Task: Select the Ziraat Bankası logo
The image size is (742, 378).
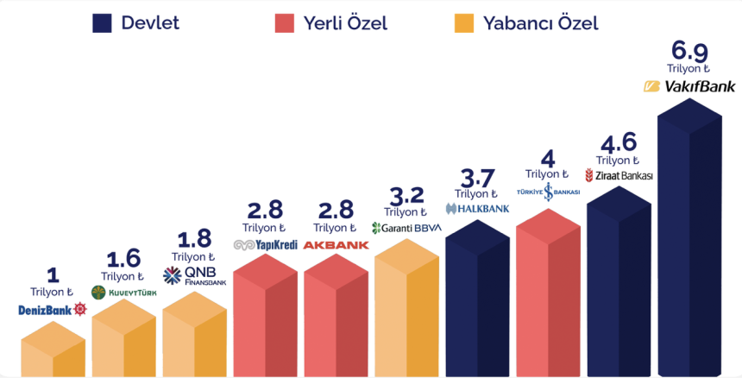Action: pos(619,175)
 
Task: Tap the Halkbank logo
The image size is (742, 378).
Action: pos(477,208)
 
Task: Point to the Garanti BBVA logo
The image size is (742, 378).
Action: pos(406,228)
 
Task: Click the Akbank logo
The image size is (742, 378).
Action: pos(336,245)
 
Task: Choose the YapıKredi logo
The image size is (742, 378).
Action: pos(265,245)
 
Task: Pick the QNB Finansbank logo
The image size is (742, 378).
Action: pos(194,276)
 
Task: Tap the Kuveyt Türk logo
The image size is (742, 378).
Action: pos(123,293)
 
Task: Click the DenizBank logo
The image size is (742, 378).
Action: pos(53,309)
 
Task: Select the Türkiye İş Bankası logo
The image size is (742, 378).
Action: pos(548,192)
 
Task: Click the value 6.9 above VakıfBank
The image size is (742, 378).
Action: pos(689,50)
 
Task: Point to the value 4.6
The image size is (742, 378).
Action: pos(618,142)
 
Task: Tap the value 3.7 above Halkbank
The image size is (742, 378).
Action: pos(477,177)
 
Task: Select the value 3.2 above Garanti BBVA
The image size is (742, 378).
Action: pos(406,195)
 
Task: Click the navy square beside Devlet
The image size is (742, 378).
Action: pos(103,23)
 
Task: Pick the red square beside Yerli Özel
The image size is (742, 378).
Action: pos(285,23)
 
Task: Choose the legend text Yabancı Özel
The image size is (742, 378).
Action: pos(542,23)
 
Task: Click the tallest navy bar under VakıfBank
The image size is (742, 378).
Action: pos(689,250)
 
